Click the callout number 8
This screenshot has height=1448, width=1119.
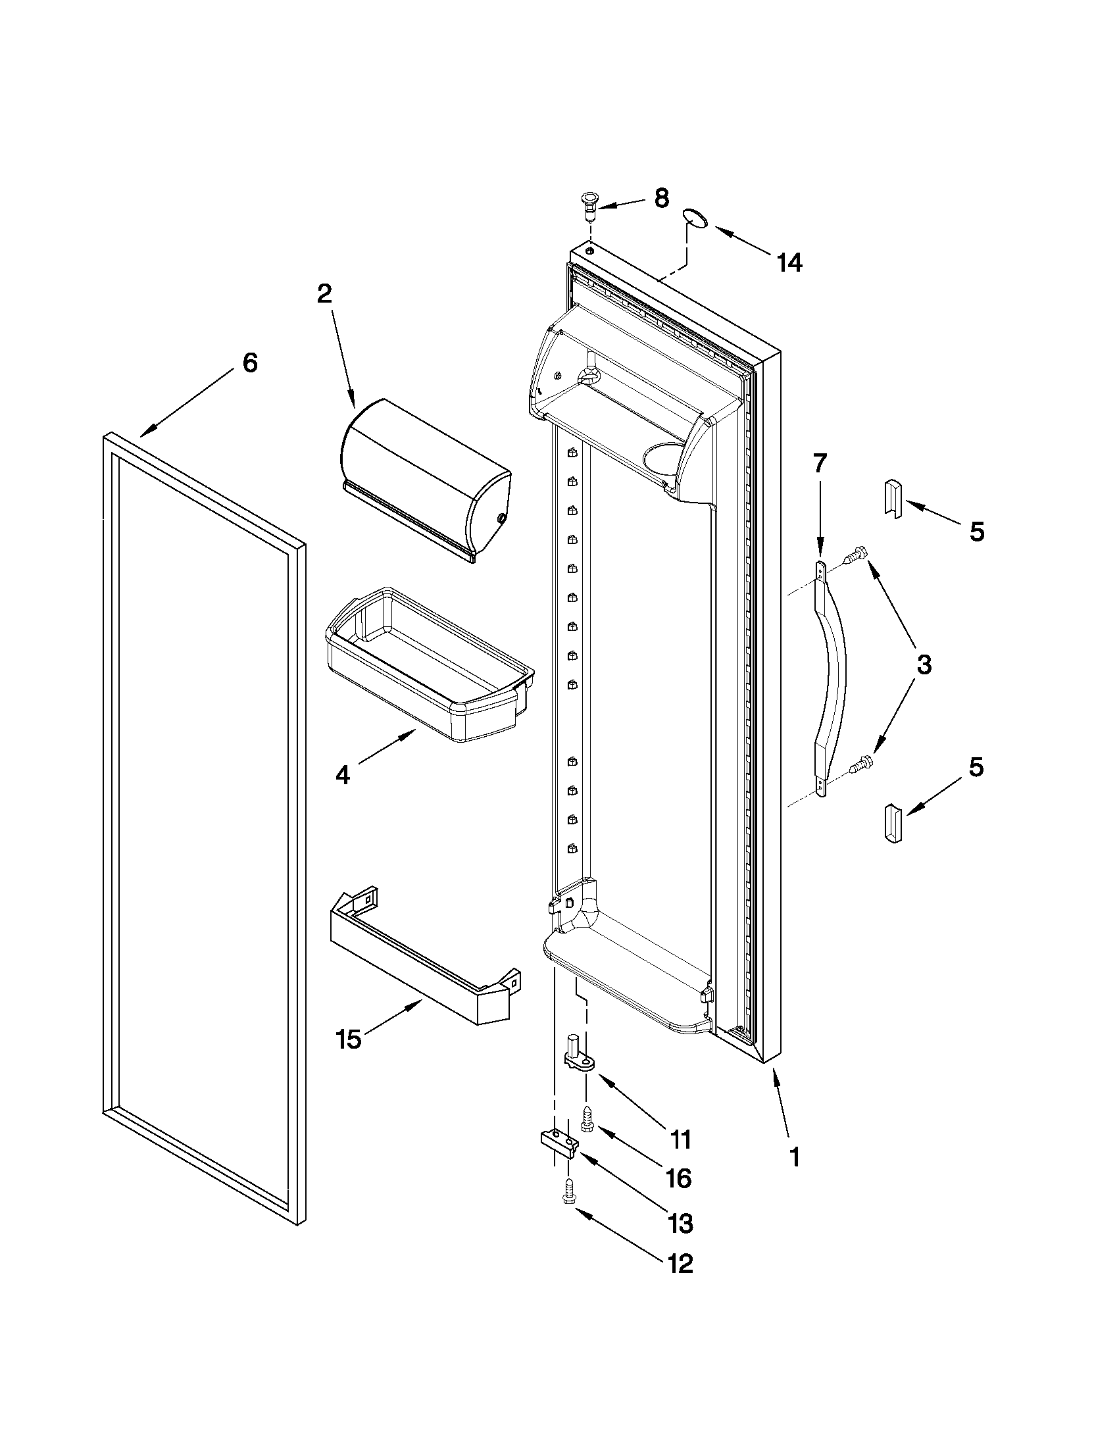[x=661, y=199]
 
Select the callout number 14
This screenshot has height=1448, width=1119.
[x=789, y=263]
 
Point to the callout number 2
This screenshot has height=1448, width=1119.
[x=324, y=293]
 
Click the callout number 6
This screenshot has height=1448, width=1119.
[x=249, y=362]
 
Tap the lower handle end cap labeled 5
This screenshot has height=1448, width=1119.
[x=893, y=823]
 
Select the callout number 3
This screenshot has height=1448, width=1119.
[x=924, y=664]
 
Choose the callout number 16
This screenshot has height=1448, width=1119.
[x=679, y=1178]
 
